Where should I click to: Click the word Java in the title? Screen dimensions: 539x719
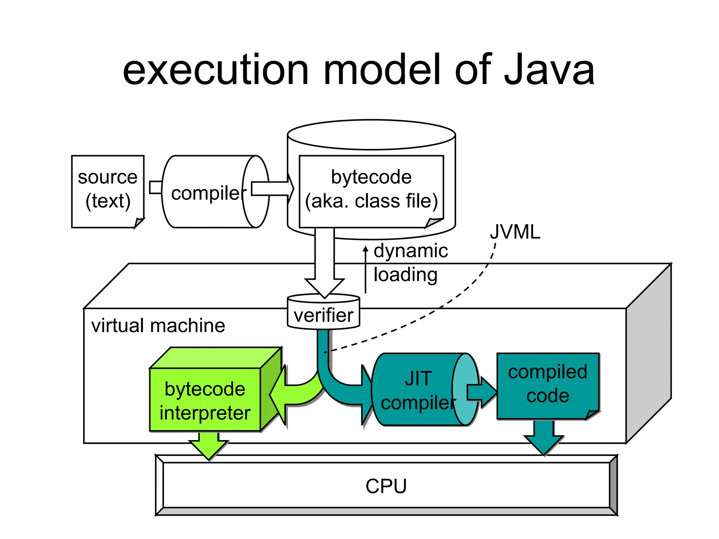tap(549, 70)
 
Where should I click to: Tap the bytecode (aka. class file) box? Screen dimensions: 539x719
tap(371, 189)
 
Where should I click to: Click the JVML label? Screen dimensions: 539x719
tap(515, 232)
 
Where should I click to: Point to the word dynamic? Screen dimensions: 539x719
tap(410, 251)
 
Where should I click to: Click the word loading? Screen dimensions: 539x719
tap(405, 274)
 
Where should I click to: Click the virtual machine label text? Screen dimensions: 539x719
tap(158, 326)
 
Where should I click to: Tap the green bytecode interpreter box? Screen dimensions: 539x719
tap(205, 400)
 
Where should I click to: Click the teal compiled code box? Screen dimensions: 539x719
tap(547, 384)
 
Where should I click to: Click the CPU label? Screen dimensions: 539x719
tap(386, 486)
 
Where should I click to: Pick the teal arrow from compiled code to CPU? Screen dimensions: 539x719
tap(544, 439)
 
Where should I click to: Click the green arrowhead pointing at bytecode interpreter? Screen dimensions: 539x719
tap(279, 395)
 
